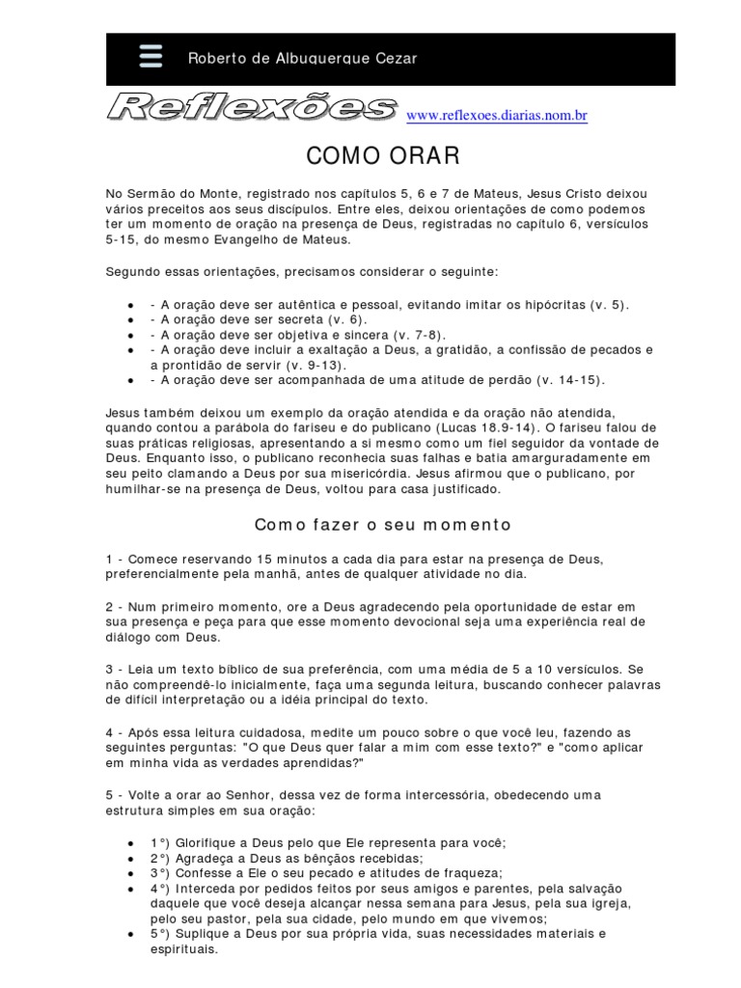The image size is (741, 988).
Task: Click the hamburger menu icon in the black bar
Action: point(151,57)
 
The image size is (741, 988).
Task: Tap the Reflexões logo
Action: point(252,108)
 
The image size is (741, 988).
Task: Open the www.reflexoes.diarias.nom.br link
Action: point(497,116)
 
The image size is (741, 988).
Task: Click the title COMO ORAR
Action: point(370,156)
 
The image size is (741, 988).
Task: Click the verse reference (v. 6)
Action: point(345,319)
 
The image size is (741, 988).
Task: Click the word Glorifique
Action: point(207,842)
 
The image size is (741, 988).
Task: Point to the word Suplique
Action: point(204,934)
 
